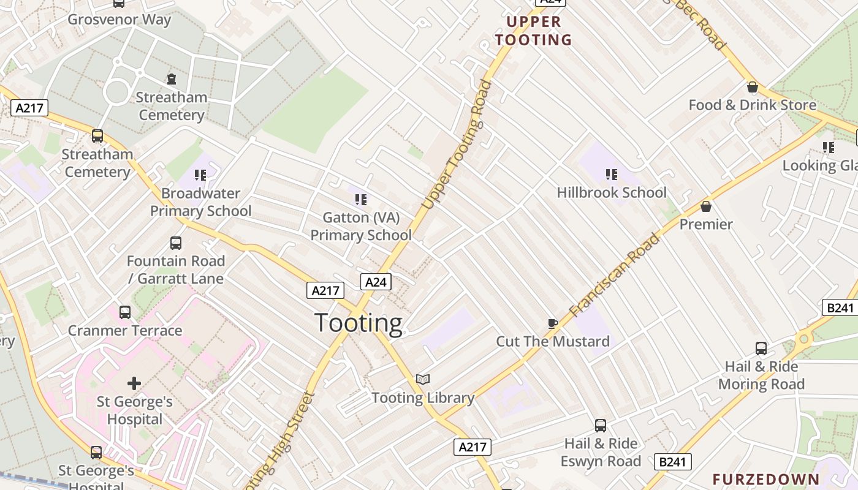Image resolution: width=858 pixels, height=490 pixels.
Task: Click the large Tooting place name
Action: click(359, 323)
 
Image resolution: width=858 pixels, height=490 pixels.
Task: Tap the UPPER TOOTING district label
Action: click(533, 31)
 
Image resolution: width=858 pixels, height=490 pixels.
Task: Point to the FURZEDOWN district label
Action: click(765, 479)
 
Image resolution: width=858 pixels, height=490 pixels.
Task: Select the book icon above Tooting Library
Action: click(423, 380)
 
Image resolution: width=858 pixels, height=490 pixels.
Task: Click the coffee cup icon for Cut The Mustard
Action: click(552, 323)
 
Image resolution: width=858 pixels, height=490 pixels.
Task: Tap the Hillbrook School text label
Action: click(611, 192)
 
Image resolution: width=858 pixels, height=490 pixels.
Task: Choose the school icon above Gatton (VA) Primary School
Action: click(361, 199)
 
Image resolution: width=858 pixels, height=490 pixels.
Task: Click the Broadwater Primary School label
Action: click(201, 202)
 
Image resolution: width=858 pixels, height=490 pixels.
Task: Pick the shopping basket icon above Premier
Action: click(706, 206)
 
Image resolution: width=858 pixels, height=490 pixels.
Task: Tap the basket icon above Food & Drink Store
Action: click(753, 88)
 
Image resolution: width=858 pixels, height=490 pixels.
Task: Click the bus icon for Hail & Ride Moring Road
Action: click(761, 349)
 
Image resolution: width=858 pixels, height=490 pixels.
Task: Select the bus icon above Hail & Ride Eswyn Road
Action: click(601, 425)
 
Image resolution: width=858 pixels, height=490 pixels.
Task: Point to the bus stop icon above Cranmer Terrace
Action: click(125, 312)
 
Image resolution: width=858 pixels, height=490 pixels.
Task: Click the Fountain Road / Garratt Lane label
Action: click(176, 269)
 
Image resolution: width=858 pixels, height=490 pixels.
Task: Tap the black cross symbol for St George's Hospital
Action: click(134, 384)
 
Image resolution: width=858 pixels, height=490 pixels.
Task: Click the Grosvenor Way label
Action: click(120, 19)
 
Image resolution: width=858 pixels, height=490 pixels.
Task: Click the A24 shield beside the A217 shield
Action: click(376, 282)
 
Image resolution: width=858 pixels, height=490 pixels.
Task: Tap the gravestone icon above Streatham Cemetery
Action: click(172, 79)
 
